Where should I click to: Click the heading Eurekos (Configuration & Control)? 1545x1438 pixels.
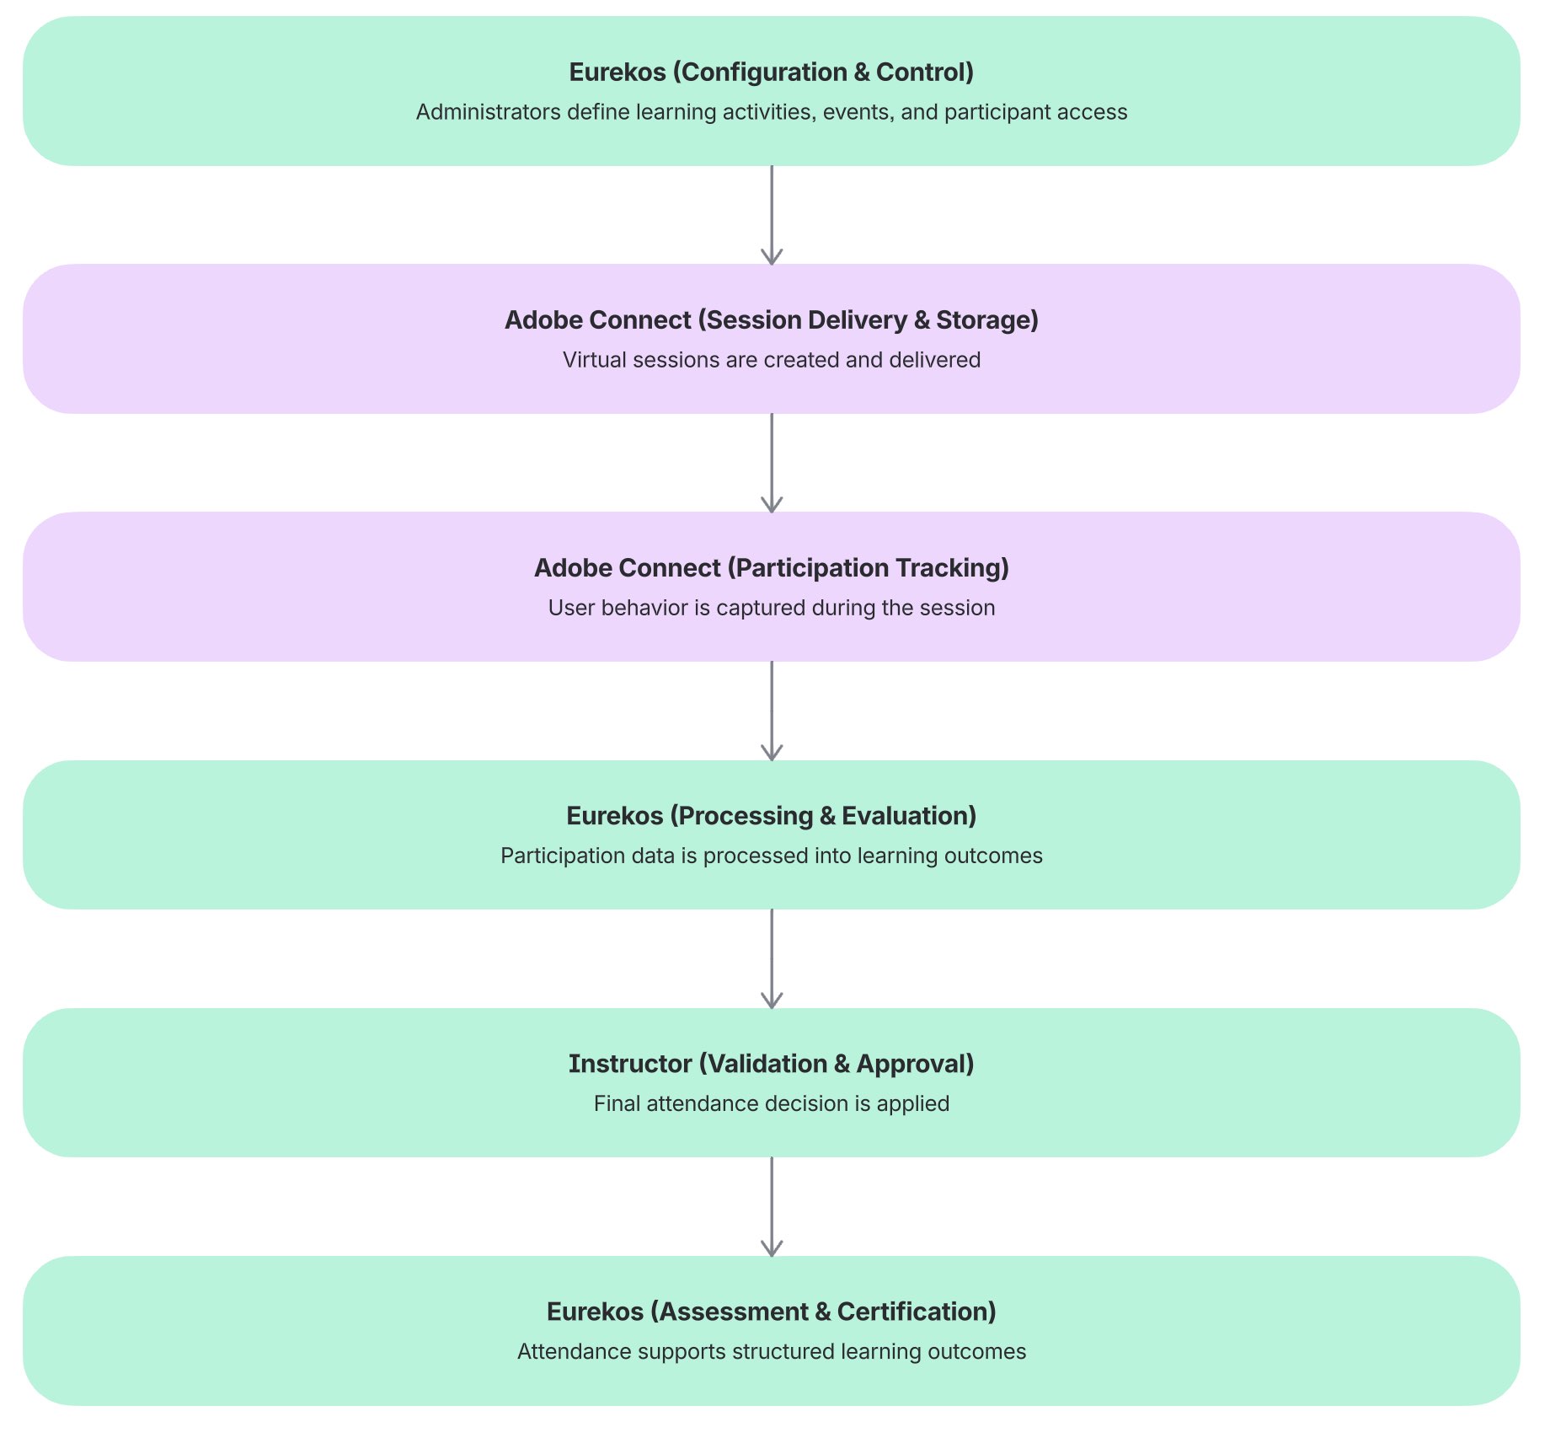coord(771,72)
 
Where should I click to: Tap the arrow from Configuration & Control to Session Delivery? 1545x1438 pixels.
coord(772,215)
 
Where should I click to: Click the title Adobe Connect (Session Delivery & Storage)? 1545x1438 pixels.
coord(771,320)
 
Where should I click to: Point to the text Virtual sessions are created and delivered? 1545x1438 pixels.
coord(771,360)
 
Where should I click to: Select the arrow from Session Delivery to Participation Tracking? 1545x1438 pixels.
coord(772,463)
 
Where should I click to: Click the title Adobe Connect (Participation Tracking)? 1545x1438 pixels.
coord(771,568)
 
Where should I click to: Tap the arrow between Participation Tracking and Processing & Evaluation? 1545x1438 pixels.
coord(772,711)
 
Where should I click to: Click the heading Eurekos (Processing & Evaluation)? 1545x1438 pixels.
coord(771,816)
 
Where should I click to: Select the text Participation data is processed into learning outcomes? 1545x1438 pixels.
coord(771,856)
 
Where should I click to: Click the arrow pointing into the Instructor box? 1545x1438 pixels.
coord(772,958)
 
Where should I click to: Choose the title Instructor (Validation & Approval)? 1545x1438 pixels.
coord(771,1064)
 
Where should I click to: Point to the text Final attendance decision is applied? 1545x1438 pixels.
coord(771,1103)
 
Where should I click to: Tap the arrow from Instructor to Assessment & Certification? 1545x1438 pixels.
coord(772,1206)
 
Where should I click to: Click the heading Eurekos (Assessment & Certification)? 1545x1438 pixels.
coord(771,1312)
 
